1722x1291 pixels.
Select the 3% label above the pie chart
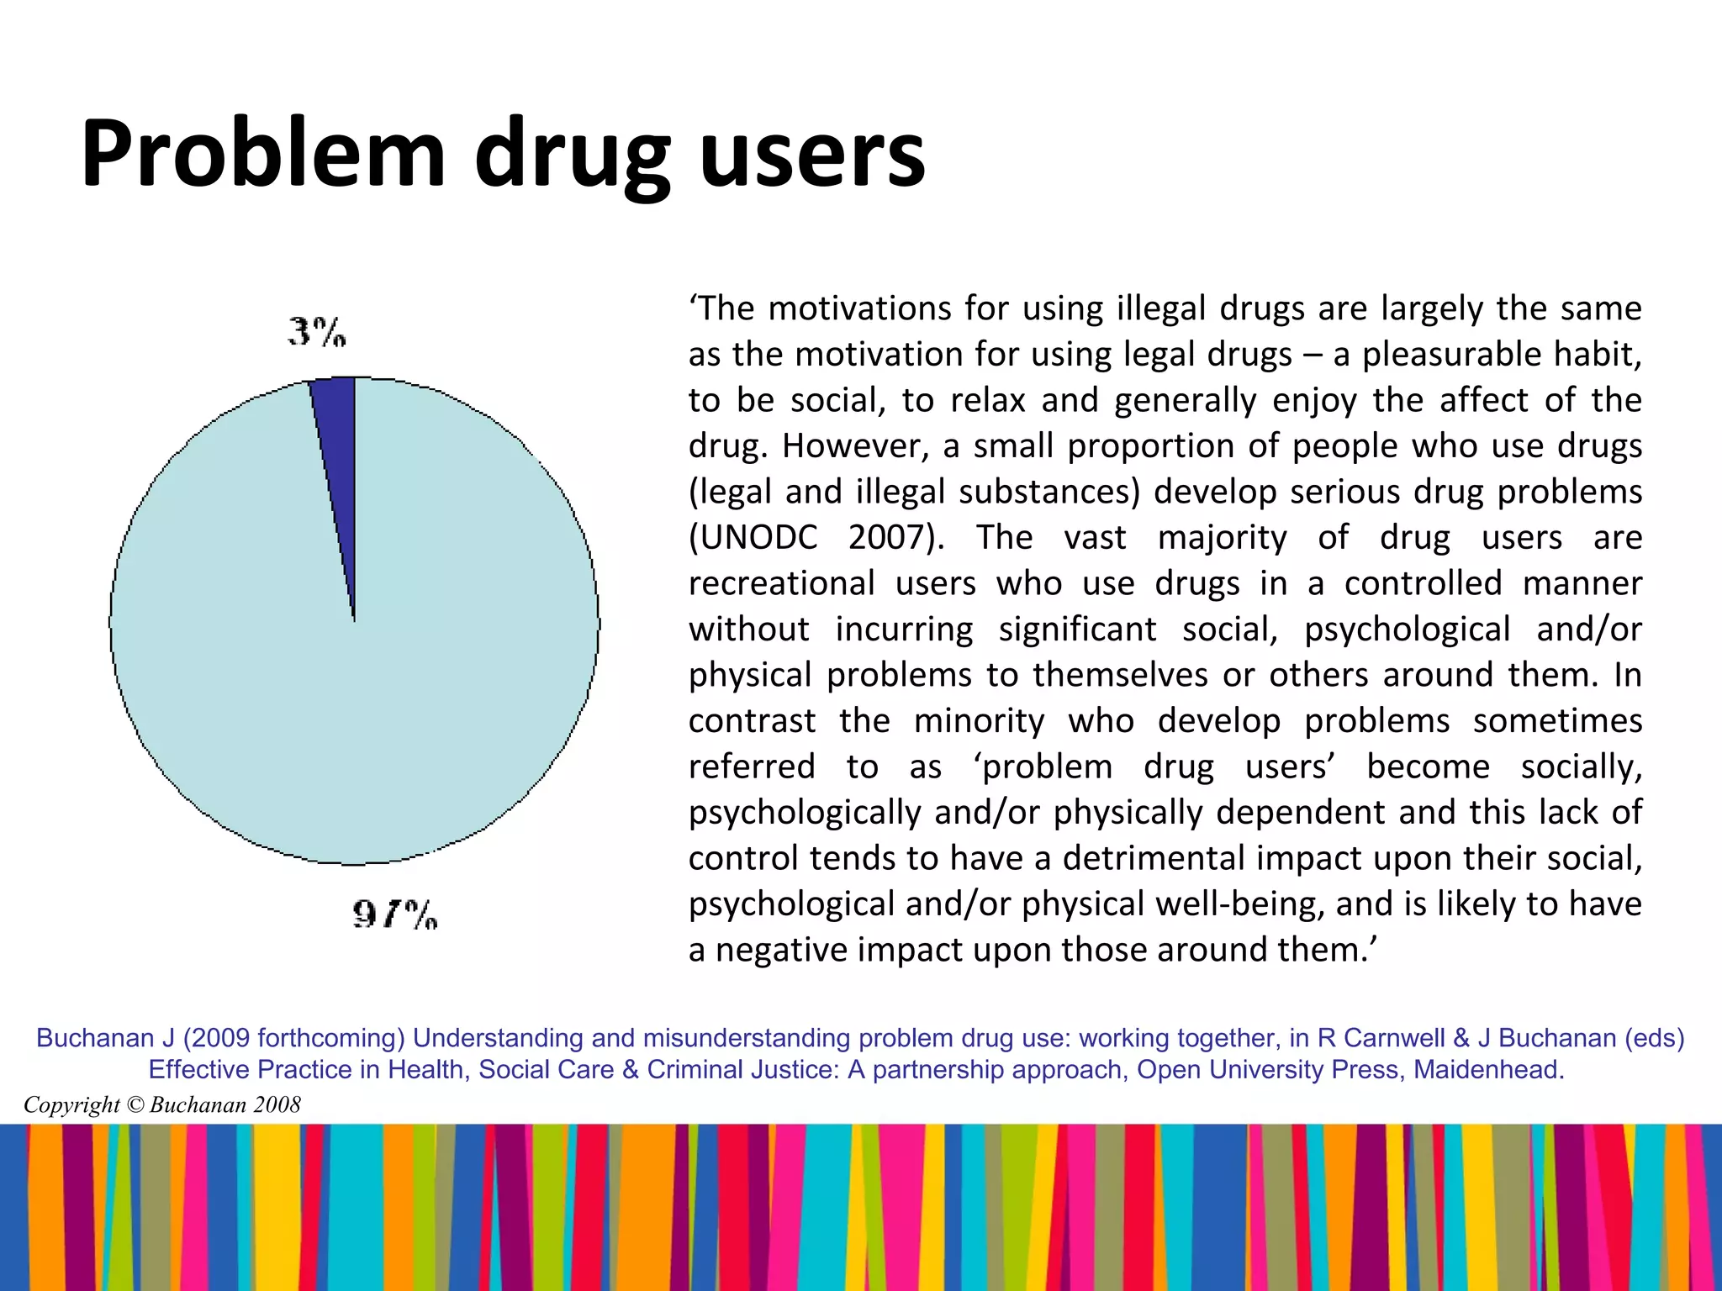coord(317,332)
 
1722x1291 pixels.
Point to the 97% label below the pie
coord(395,914)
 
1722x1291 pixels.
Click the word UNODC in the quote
coord(753,538)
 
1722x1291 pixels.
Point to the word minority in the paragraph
coord(979,721)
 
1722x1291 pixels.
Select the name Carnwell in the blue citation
coord(1394,1038)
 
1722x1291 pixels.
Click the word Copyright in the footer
coord(71,1104)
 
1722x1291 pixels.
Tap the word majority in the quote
coord(1222,538)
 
